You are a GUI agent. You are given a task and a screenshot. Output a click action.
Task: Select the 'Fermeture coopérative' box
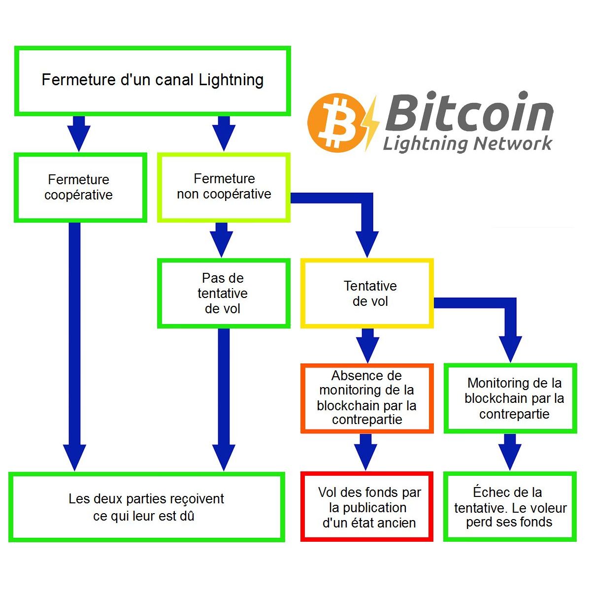point(80,187)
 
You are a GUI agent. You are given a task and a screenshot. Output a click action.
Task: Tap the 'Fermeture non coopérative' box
point(224,187)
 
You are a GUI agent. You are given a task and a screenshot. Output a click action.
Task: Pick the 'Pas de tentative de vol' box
point(223,293)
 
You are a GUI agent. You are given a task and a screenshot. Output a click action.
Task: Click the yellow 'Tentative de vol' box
point(367,293)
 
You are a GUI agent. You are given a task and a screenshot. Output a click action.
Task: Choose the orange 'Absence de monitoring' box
point(367,398)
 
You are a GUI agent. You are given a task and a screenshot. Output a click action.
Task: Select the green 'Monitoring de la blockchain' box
point(510,398)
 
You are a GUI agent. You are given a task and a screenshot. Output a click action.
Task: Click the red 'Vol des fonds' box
point(367,507)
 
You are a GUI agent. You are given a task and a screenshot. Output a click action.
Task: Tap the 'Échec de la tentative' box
point(510,507)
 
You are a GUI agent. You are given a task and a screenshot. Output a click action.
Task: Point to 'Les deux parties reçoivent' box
point(146,507)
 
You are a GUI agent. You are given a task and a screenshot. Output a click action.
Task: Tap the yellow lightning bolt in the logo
point(371,123)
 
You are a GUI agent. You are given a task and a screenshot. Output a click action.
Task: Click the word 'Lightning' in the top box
point(231,80)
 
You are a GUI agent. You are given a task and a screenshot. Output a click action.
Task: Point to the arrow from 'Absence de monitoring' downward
point(365,451)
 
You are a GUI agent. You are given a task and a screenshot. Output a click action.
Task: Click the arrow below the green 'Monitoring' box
point(510,451)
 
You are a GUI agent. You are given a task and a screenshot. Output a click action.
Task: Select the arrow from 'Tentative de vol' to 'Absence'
point(367,345)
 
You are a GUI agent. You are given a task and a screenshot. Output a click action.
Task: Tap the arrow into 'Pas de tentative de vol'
point(222,239)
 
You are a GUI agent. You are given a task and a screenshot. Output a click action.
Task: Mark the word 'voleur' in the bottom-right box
point(547,508)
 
